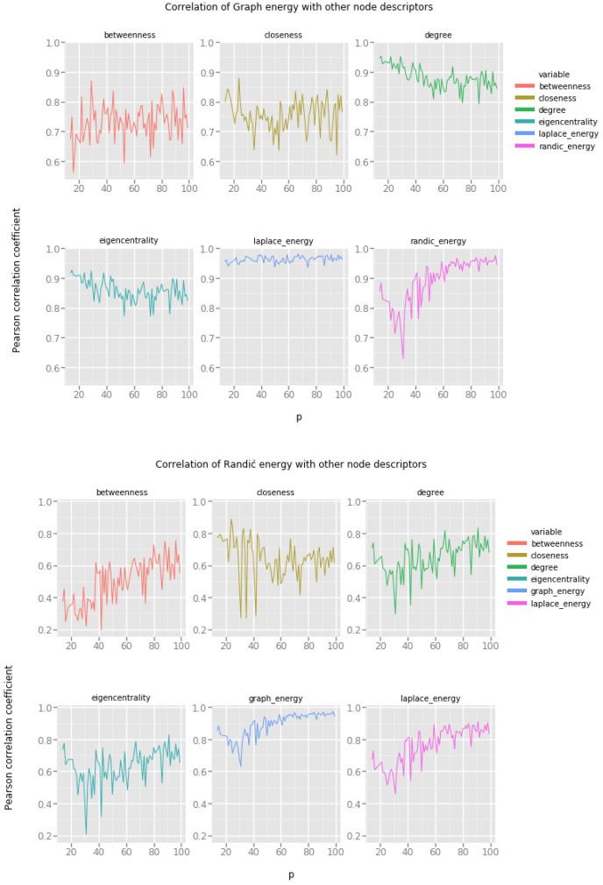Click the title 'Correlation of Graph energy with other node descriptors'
(x=298, y=7)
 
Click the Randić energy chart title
(x=291, y=464)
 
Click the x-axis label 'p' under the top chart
(x=298, y=417)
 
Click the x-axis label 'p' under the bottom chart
(x=291, y=874)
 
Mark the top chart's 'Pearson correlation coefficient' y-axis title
(x=17, y=280)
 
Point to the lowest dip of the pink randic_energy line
(x=403, y=357)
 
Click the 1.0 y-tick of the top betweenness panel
(x=53, y=43)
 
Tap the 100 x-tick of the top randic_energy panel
(x=498, y=395)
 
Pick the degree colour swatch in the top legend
(x=526, y=110)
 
